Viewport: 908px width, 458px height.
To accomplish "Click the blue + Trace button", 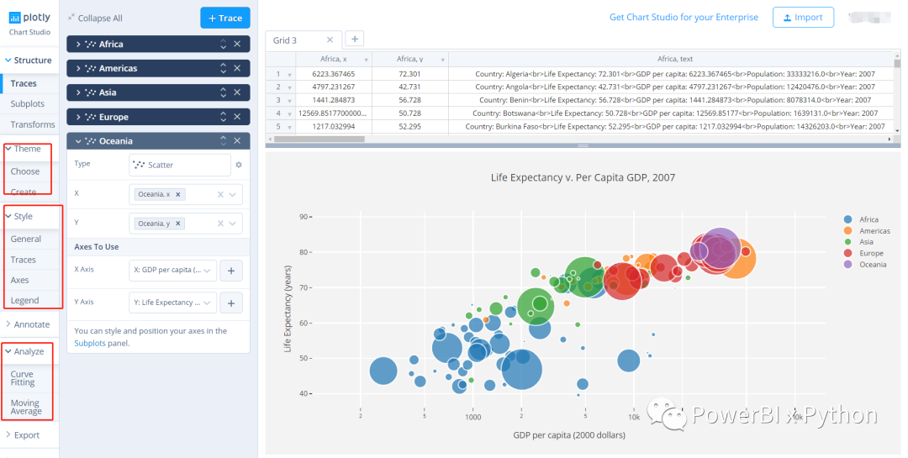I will (224, 18).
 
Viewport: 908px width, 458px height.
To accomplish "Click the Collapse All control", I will (99, 18).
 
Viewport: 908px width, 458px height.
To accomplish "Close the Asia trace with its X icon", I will (237, 92).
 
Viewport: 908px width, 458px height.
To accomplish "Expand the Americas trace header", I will (118, 68).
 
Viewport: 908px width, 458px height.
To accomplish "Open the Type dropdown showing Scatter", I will (180, 165).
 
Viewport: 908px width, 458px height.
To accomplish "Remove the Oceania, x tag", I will (178, 194).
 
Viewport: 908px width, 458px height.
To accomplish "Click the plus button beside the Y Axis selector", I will (231, 303).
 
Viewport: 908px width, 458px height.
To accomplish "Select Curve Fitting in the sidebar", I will (23, 378).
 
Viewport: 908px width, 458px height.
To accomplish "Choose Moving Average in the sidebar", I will (25, 407).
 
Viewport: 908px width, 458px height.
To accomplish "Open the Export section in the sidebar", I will (26, 435).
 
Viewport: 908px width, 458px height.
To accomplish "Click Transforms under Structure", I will (33, 124).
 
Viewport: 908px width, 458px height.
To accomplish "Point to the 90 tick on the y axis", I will (304, 216).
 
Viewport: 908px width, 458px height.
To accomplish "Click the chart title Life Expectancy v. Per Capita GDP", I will (582, 177).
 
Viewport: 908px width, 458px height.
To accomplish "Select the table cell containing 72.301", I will (409, 74).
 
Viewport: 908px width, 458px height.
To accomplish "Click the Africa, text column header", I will (674, 59).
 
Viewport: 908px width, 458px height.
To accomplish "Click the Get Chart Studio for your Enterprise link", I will (684, 17).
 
